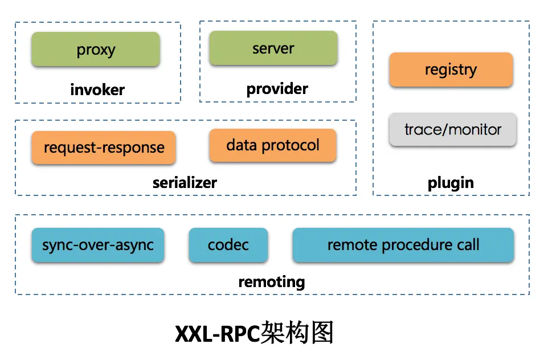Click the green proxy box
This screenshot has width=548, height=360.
[x=96, y=50]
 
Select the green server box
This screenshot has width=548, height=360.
[x=273, y=48]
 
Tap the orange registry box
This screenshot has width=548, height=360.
[x=451, y=70]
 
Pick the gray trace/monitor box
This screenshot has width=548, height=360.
[x=453, y=129]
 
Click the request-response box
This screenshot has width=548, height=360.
[x=104, y=148]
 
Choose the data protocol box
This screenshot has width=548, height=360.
[x=273, y=145]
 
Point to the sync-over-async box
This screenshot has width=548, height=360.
[x=98, y=246]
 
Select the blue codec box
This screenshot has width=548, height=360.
[x=228, y=246]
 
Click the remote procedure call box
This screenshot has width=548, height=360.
[x=403, y=246]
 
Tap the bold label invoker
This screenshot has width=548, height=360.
[x=97, y=89]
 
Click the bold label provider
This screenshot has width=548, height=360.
[x=277, y=89]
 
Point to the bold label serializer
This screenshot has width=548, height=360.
[x=185, y=183]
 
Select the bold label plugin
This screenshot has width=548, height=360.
[x=451, y=183]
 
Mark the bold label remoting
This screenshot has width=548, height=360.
[x=271, y=281]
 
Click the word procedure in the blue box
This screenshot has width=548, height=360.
[x=415, y=246]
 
